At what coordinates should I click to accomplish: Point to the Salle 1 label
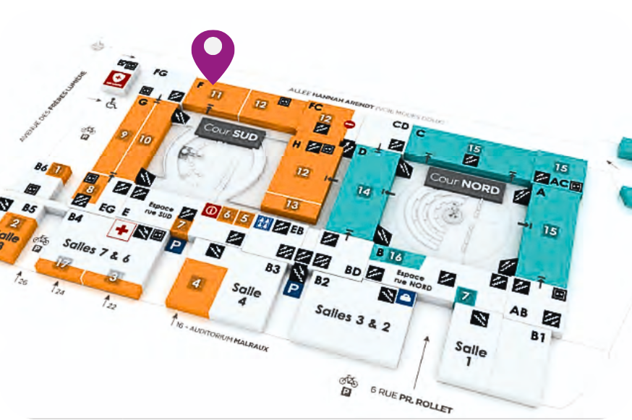coord(471,353)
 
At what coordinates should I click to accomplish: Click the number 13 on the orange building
coord(291,205)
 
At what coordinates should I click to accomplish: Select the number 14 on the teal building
coord(364,191)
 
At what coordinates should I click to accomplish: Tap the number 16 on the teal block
coord(395,256)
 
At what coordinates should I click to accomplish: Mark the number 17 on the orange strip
coord(63,264)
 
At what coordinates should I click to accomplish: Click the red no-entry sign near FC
coord(349,124)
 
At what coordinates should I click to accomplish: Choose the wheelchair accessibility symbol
coord(111,104)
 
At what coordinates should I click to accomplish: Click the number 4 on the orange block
coord(196,283)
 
